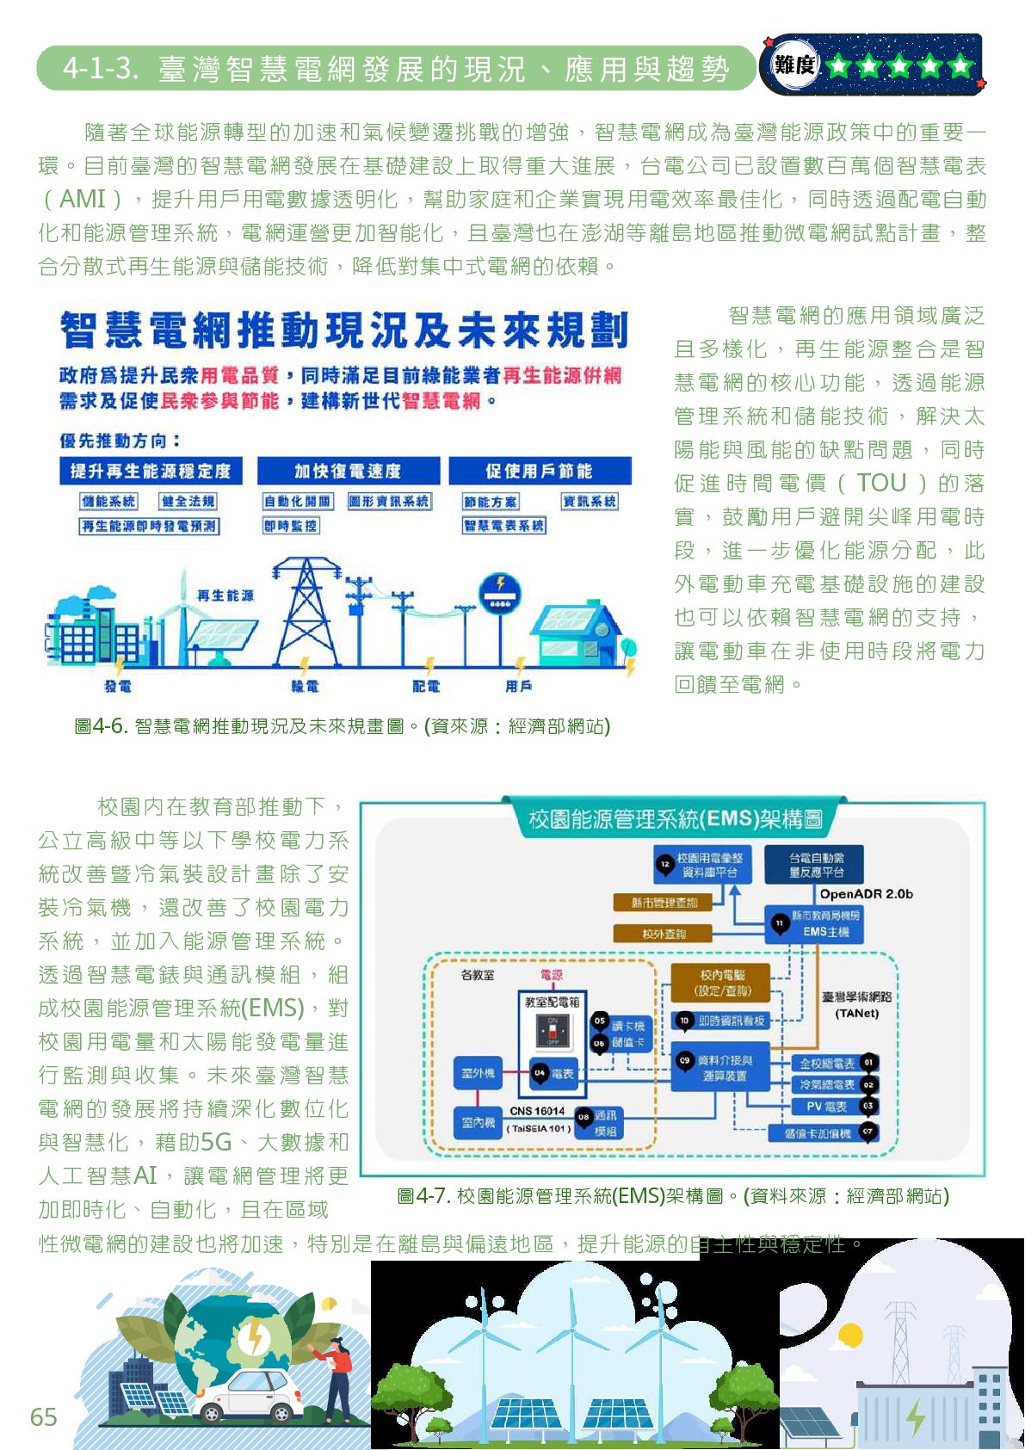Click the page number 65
point(43,1416)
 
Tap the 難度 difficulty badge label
point(793,65)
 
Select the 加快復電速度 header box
point(348,471)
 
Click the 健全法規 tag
point(188,502)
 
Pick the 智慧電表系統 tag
point(504,526)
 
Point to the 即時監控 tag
point(290,526)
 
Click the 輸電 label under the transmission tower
point(305,687)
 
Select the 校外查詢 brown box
point(664,934)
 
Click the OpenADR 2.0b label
point(866,894)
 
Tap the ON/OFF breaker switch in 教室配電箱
point(552,1031)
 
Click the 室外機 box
point(478,1073)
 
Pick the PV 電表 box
point(825,1107)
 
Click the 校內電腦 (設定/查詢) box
point(722,982)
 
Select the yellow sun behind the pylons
point(850,1336)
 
